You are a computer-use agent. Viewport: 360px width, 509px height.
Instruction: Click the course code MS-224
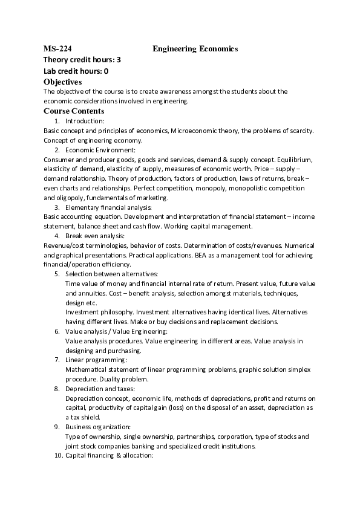click(x=59, y=48)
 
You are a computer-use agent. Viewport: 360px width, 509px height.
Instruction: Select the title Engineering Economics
click(x=195, y=48)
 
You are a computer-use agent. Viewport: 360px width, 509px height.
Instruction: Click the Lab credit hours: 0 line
click(x=76, y=71)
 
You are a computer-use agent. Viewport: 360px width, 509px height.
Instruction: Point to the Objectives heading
click(x=63, y=82)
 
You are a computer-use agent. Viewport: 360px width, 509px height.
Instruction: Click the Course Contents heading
click(x=74, y=111)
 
